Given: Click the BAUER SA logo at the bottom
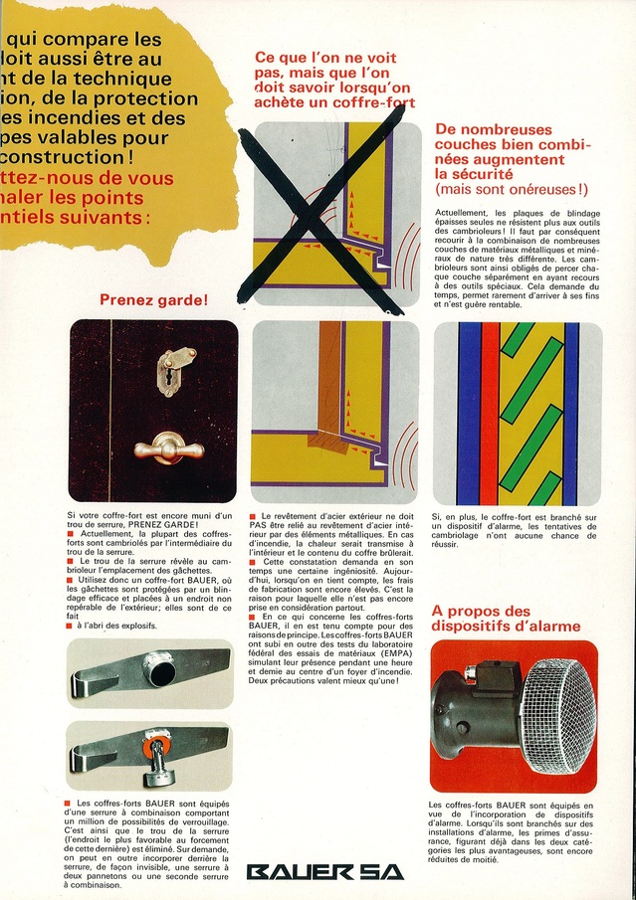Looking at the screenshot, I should (325, 872).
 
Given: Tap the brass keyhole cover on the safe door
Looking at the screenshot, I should (178, 370).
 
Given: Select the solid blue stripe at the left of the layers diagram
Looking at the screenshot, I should (468, 413).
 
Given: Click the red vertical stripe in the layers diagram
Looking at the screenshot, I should (491, 413).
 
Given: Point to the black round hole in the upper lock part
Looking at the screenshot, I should (160, 672).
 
